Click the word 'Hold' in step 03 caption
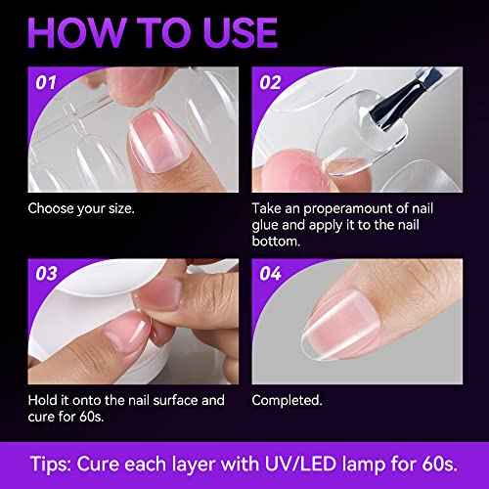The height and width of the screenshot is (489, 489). click(x=45, y=400)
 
